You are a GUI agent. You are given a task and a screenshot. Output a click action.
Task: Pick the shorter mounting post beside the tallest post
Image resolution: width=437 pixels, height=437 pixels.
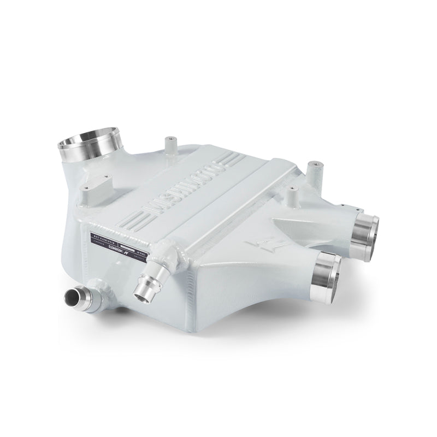[293, 196]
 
